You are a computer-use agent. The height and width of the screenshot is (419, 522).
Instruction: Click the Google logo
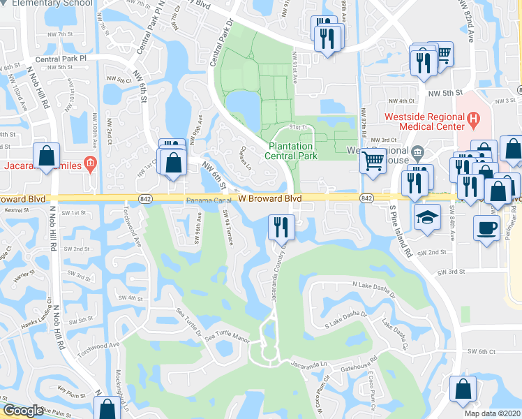[22, 411]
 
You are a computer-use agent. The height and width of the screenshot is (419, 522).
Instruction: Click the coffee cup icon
[486, 227]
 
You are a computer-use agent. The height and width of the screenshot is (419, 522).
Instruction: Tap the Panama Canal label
[208, 200]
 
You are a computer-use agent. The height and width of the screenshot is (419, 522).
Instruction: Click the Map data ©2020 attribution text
[493, 413]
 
